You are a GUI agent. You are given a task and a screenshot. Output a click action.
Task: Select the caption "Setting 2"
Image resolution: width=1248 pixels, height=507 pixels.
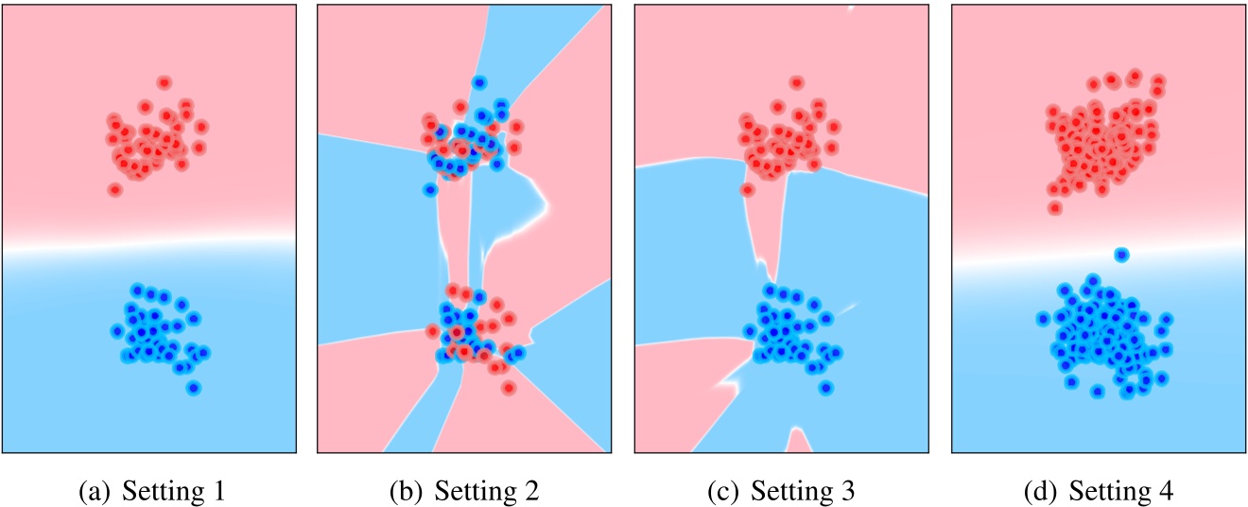[488, 492]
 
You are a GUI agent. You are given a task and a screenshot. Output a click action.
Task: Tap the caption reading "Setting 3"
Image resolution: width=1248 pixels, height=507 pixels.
[804, 492]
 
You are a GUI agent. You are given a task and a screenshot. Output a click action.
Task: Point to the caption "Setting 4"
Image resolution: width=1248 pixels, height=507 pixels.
[1121, 492]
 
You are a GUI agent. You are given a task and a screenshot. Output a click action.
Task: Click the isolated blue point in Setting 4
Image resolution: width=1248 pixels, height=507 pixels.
[1121, 254]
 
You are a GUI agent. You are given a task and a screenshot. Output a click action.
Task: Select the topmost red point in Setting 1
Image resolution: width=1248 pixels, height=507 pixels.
[164, 83]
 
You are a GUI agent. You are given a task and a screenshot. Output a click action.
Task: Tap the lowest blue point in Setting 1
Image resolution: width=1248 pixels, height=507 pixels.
[193, 387]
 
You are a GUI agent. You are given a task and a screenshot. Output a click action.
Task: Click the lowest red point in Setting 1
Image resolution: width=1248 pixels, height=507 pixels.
[115, 189]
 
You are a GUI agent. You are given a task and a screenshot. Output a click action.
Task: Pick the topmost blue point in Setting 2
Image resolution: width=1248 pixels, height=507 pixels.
[479, 83]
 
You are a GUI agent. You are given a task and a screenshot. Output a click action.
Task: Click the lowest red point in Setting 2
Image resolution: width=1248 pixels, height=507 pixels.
[509, 387]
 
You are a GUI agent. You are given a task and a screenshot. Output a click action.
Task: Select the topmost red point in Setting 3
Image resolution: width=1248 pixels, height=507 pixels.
[796, 83]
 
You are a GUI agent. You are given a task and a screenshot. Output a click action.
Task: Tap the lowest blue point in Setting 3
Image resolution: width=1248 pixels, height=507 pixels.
[825, 387]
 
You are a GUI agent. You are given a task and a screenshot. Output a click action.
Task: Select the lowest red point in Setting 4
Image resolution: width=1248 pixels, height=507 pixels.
[1055, 207]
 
